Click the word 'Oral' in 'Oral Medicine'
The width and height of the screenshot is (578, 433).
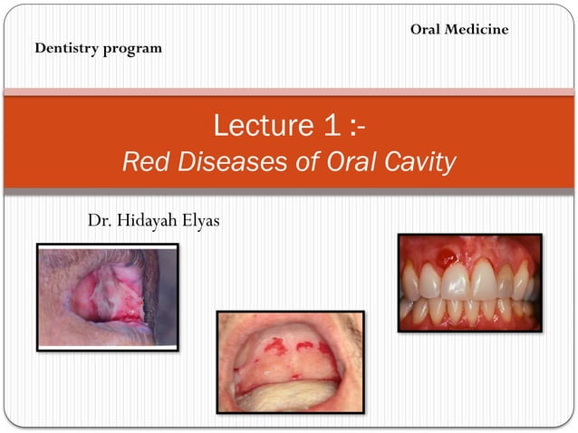[x=427, y=30]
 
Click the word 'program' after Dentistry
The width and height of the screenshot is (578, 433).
[x=133, y=49]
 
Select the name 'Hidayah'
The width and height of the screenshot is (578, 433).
[x=149, y=220]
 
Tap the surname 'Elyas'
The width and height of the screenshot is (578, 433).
[x=201, y=220]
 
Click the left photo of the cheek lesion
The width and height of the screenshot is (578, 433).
[x=107, y=296]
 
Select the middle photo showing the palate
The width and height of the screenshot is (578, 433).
[x=289, y=361]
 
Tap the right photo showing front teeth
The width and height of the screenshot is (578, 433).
[x=469, y=283]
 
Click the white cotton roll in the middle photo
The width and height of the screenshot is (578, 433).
[x=289, y=395]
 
